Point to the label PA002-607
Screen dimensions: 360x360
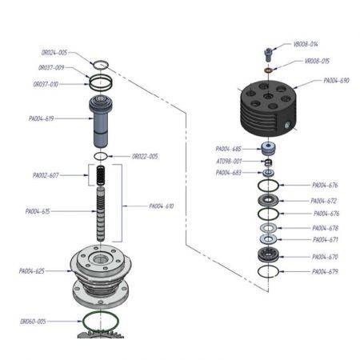[47, 175]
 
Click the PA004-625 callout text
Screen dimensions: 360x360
[34, 271]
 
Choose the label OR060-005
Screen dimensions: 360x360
[34, 322]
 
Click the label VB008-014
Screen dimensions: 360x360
[306, 45]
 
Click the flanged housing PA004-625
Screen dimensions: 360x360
[102, 276]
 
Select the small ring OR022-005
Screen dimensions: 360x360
[101, 155]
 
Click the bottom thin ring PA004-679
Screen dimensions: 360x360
[268, 273]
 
